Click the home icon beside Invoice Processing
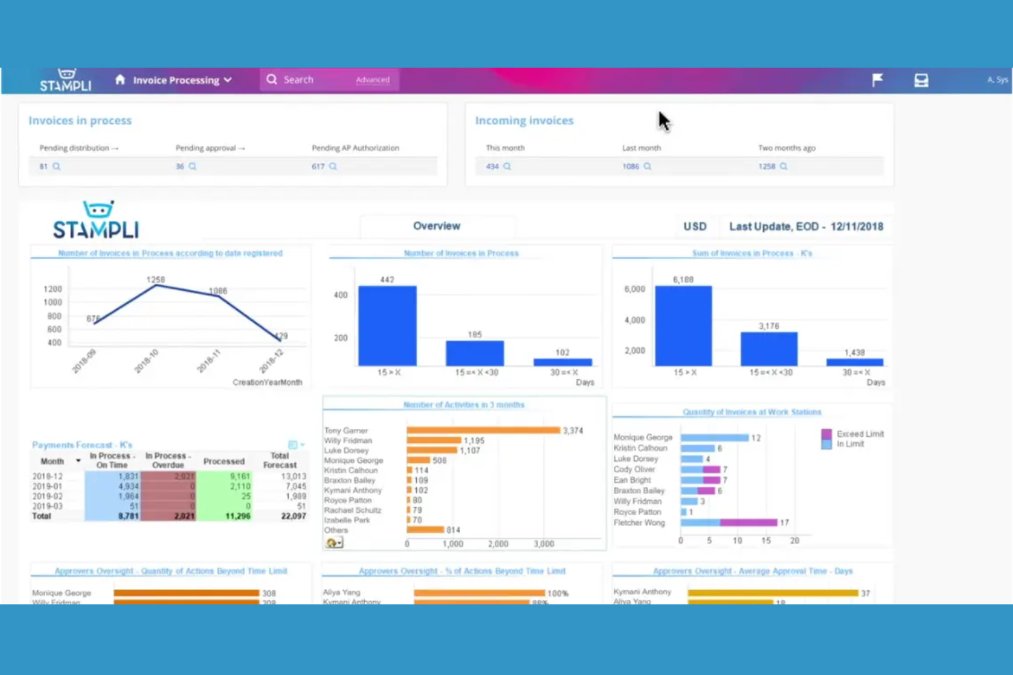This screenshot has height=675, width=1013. coord(120,80)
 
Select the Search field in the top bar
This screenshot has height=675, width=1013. coord(308,80)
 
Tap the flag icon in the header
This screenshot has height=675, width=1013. coord(877,80)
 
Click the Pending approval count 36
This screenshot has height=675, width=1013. coord(180,166)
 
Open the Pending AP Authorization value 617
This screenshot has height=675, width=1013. coord(318,166)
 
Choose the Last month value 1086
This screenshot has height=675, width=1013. coord(630,166)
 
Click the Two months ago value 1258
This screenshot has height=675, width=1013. coord(767,166)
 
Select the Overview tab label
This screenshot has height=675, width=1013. coord(436,226)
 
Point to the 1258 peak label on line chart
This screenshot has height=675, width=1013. coord(155,280)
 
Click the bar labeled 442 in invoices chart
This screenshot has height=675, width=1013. coord(387,326)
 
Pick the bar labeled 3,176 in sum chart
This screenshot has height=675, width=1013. coord(769,349)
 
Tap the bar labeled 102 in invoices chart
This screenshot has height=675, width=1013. coord(562,362)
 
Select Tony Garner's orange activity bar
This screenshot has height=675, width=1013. coord(483,430)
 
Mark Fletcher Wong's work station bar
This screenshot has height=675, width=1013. coord(728,522)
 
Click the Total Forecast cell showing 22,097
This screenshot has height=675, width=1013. coord(293,516)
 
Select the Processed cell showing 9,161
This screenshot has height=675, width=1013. coord(240,477)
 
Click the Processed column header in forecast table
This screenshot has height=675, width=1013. coord(224,462)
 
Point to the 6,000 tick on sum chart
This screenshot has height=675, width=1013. coord(634,289)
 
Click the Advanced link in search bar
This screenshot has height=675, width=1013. coord(372,80)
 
